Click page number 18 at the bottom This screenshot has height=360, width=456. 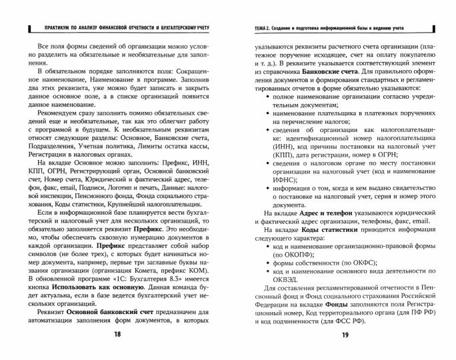pyautogui.click(x=117, y=334)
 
